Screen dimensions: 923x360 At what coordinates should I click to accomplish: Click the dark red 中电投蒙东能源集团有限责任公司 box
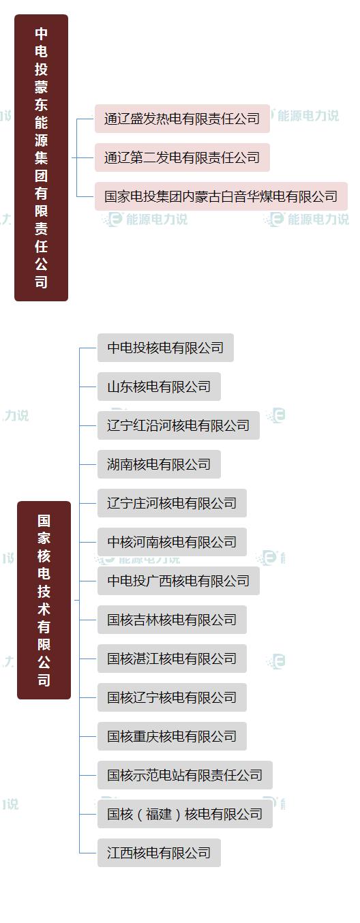point(41,157)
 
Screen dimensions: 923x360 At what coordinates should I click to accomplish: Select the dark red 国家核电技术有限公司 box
point(44,600)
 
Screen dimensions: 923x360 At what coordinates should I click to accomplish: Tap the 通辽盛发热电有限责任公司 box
point(182,119)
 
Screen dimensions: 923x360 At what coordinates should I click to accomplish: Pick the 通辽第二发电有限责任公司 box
point(182,157)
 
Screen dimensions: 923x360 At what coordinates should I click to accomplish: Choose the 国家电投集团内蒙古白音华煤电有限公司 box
point(221,196)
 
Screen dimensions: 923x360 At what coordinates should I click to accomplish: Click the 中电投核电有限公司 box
point(165,348)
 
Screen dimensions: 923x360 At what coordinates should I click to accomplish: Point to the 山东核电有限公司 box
point(159,387)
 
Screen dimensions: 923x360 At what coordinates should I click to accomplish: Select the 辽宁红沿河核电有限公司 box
point(178,425)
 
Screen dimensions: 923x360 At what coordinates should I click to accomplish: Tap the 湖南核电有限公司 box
point(159,464)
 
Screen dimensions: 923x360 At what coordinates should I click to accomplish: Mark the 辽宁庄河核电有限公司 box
point(172,503)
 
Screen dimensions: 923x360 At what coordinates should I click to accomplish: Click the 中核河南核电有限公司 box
point(172,542)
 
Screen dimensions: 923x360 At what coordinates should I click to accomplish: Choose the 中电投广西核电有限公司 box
point(178,581)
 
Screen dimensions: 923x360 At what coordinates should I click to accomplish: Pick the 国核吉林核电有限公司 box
point(172,620)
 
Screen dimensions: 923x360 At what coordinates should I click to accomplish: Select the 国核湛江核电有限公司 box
point(172,659)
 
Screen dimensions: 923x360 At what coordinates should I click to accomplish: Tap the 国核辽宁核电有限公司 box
point(172,697)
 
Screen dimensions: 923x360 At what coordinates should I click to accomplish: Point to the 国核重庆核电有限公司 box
point(172,736)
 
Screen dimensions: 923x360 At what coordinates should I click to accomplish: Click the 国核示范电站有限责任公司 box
point(185,775)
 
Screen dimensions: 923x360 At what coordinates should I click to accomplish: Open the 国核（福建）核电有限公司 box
point(185,814)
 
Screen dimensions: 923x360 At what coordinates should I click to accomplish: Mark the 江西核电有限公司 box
point(159,853)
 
